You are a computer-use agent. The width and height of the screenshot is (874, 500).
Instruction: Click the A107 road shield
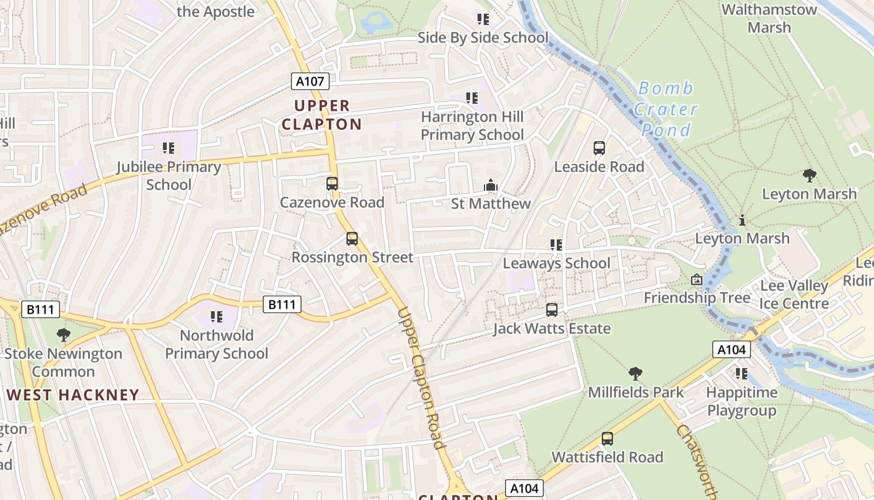click(x=310, y=81)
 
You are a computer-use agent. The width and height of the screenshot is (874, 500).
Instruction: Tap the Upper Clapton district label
click(x=322, y=115)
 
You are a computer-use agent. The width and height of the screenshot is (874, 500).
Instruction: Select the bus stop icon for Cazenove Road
click(x=332, y=184)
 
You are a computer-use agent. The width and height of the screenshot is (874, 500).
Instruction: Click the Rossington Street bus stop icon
click(x=352, y=239)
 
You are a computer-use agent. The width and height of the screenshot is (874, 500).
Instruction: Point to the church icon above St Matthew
click(x=491, y=186)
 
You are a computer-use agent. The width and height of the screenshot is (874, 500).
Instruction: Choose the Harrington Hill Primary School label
click(x=472, y=126)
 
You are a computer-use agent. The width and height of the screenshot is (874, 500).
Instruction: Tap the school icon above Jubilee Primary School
click(x=168, y=148)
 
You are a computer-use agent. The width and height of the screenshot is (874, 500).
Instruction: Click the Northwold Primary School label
click(x=217, y=344)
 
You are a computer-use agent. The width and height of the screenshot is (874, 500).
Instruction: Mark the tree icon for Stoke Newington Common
click(x=63, y=335)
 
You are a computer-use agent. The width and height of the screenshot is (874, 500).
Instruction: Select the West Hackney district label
click(x=73, y=395)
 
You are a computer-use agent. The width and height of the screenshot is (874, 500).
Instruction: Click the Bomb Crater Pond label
click(x=665, y=109)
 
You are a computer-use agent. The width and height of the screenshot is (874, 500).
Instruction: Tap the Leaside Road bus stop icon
click(x=599, y=148)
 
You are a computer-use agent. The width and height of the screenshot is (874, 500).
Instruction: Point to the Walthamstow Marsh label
click(x=769, y=19)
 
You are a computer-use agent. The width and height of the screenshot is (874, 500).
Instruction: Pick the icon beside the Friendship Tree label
click(x=697, y=280)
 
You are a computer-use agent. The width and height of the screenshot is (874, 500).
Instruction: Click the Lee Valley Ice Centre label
click(x=794, y=295)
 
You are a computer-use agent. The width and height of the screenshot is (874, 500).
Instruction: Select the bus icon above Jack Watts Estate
click(x=552, y=309)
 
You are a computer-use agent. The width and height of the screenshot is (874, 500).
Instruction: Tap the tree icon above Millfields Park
click(x=636, y=374)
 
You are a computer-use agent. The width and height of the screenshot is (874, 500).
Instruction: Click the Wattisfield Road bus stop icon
click(x=607, y=439)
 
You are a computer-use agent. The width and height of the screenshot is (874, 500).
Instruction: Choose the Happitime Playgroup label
click(x=742, y=402)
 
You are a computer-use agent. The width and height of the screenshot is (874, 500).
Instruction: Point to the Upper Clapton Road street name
click(x=421, y=378)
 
